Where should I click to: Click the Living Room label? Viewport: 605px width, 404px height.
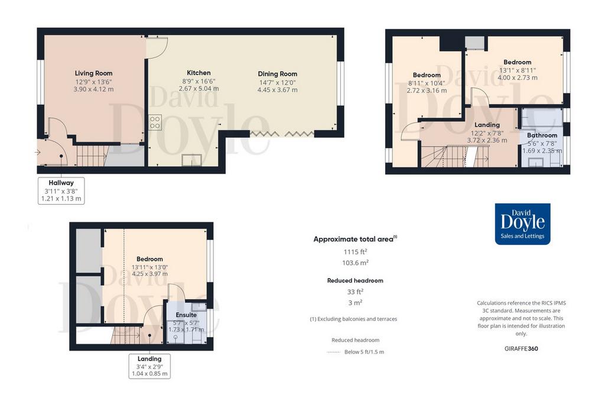tap(94, 73)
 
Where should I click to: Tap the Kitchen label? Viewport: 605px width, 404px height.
tap(199, 73)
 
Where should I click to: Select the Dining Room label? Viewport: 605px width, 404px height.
tap(278, 74)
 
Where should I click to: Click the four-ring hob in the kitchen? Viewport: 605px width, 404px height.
tap(155, 122)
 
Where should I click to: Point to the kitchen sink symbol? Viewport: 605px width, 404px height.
tap(192, 160)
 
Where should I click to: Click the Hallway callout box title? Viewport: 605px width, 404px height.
tap(61, 183)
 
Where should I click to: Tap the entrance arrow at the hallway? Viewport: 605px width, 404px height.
tap(37, 153)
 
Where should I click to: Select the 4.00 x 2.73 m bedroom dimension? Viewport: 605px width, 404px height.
tap(518, 77)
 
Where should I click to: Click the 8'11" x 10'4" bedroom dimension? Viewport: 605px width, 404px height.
tap(427, 83)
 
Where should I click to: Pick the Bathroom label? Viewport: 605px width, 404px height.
tap(542, 135)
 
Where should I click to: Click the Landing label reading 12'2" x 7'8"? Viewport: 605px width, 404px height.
tap(487, 125)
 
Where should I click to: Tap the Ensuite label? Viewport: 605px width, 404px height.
tap(186, 315)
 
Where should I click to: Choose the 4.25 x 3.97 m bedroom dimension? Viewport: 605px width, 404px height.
tap(149, 274)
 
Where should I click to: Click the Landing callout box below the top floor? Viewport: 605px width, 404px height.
tap(149, 366)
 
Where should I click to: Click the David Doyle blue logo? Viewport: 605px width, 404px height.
tap(522, 224)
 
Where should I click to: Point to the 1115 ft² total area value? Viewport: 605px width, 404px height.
tap(355, 252)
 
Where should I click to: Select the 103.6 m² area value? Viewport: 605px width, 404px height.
tap(355, 263)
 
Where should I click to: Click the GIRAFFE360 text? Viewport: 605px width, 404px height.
tap(521, 348)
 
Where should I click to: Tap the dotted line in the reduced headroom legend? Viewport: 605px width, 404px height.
tap(333, 353)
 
